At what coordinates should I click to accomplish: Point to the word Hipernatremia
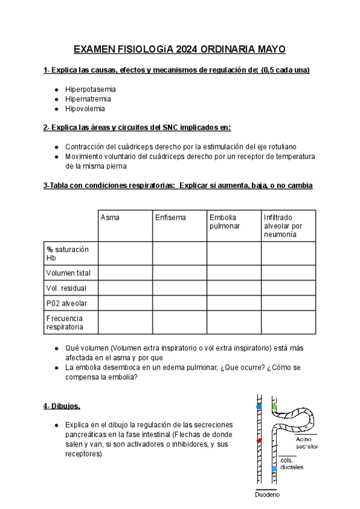tap(88, 99)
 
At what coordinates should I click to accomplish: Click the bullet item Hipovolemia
tap(85, 109)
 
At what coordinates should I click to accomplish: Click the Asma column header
tap(110, 217)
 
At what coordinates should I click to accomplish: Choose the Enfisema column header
tap(170, 217)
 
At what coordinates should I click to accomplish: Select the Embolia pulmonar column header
tap(223, 221)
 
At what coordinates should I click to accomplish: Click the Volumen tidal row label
tap(68, 273)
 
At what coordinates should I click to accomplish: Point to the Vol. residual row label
tap(66, 288)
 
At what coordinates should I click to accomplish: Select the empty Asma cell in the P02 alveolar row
tap(125, 303)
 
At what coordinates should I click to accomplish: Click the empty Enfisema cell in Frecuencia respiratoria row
tap(179, 322)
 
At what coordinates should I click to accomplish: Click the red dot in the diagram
tap(259, 441)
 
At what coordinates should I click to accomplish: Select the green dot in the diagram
tap(275, 407)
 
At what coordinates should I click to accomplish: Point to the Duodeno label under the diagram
tap(267, 495)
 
